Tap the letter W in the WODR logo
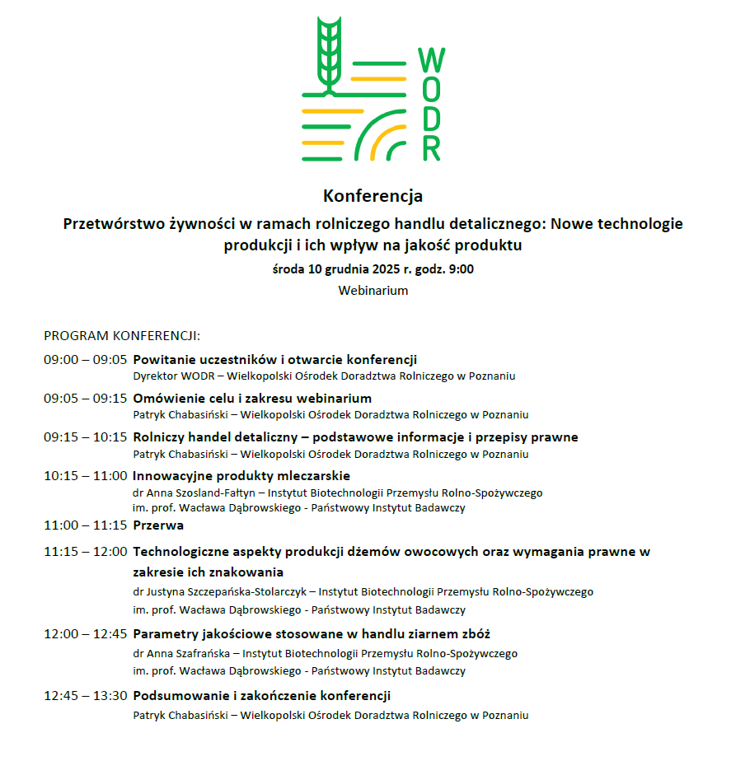(431, 60)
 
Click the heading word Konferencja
(373, 196)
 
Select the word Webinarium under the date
(373, 290)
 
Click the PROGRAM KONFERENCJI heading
(122, 336)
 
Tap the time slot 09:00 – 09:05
(85, 360)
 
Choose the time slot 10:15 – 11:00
(85, 476)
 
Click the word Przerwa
(158, 525)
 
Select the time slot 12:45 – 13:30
(85, 696)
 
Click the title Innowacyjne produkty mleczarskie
(241, 476)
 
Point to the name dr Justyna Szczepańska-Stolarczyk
(220, 591)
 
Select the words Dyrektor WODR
(171, 376)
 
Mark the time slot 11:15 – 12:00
(85, 552)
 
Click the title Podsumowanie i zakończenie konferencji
(261, 696)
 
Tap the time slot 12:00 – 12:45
(85, 634)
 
